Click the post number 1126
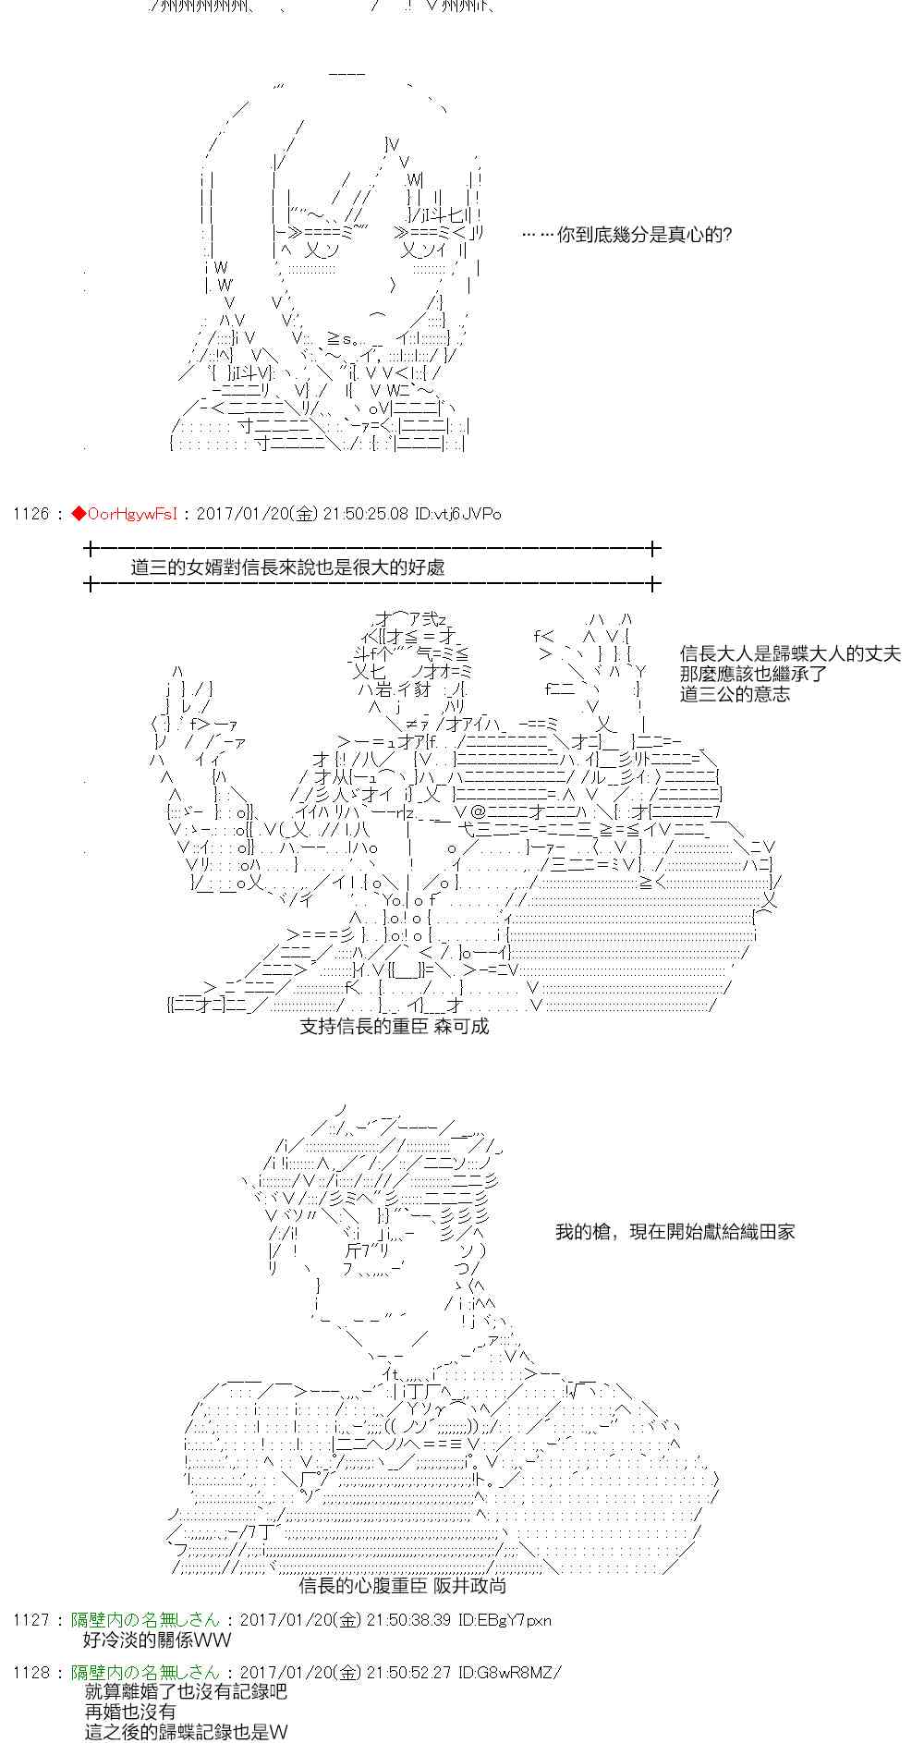click(x=30, y=514)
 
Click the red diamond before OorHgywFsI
click(x=79, y=514)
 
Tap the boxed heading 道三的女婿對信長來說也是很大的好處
click(x=287, y=567)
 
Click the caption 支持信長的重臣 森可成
click(x=394, y=1026)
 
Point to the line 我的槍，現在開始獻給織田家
click(x=675, y=1231)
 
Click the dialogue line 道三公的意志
click(x=735, y=694)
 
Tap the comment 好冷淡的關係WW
click(x=157, y=1640)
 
